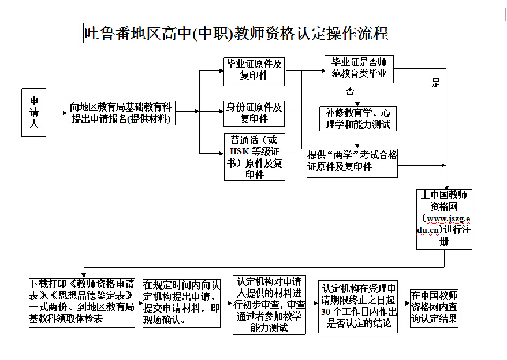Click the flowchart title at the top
pyautogui.click(x=236, y=34)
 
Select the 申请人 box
pyautogui.click(x=33, y=112)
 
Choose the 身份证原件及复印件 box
pyautogui.click(x=254, y=113)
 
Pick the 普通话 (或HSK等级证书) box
pyautogui.click(x=254, y=157)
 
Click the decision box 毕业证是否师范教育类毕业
pyautogui.click(x=359, y=68)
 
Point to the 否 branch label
pyautogui.click(x=350, y=91)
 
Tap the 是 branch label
pyautogui.click(x=436, y=83)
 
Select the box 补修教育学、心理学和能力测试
pyautogui.click(x=359, y=118)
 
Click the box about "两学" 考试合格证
pyautogui.click(x=352, y=161)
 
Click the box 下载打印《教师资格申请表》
pyautogui.click(x=83, y=301)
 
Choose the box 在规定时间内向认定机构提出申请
pyautogui.click(x=181, y=302)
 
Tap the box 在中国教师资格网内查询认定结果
pyautogui.click(x=434, y=307)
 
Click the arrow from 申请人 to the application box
pyautogui.click(x=56, y=113)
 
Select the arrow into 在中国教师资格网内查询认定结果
pyautogui.click(x=404, y=302)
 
